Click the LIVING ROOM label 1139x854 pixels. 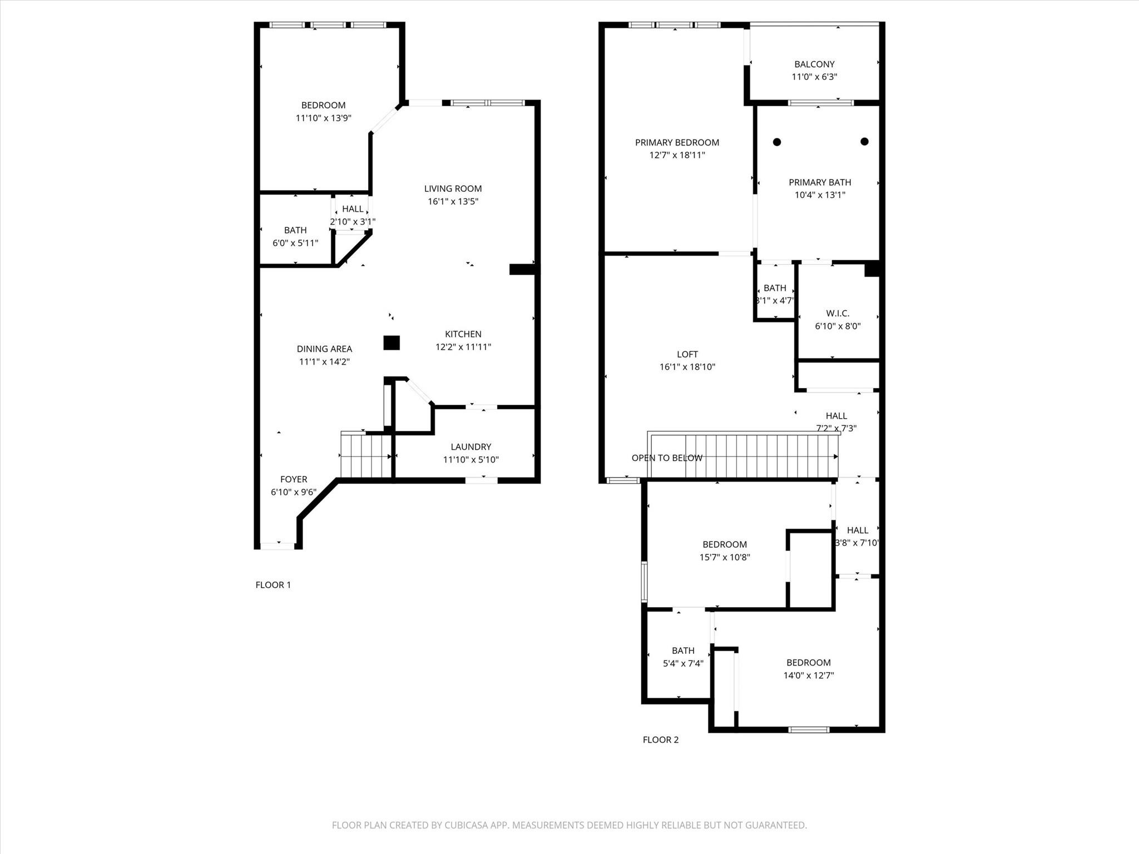(453, 188)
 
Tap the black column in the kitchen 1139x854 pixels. (392, 342)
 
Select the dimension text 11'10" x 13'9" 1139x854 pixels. (323, 118)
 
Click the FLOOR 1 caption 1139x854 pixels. (273, 585)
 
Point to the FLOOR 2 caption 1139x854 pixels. (660, 739)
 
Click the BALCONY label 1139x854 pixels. (814, 64)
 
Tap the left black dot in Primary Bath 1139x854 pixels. (777, 142)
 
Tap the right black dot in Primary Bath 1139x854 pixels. (864, 141)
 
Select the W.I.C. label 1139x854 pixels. (838, 314)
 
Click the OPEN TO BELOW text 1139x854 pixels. (667, 458)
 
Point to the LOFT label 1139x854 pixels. (687, 354)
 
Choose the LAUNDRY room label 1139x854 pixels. (471, 447)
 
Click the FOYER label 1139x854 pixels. (294, 479)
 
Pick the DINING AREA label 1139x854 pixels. (324, 349)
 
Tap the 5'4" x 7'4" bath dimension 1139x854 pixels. (683, 663)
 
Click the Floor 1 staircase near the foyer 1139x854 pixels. (366, 456)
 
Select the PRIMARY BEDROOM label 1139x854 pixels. (677, 143)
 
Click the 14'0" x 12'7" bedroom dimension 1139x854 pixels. (808, 676)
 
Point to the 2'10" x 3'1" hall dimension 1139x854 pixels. (353, 221)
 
